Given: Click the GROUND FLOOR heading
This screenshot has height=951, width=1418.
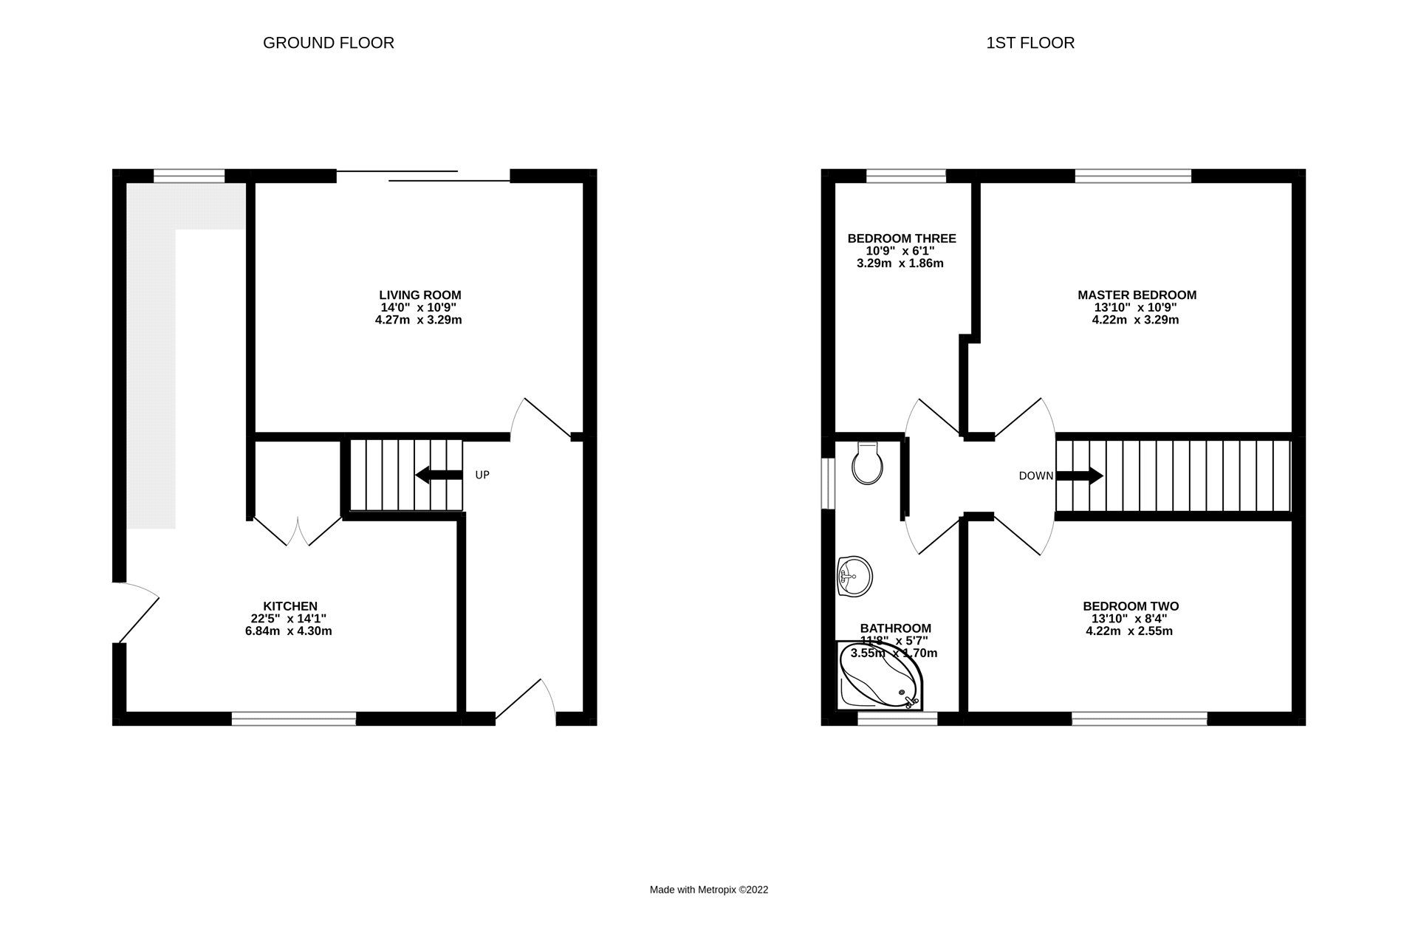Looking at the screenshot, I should point(328,43).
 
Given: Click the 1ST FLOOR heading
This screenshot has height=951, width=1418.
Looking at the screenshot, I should point(1030,43).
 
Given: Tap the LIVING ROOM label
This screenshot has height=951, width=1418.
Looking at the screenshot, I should point(419,295).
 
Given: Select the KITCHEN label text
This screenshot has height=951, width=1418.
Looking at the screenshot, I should point(290,606).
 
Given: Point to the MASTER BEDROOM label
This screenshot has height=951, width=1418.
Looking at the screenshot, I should point(1137,295).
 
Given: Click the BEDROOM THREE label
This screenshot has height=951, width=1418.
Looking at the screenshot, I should point(901,238).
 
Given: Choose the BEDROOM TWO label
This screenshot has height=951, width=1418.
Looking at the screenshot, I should point(1130,606).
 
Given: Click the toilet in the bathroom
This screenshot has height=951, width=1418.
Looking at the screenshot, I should point(867,464).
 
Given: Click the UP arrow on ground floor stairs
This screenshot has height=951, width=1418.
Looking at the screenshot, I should point(439,475).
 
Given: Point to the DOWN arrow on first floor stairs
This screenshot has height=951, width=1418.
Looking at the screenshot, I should point(1080,475).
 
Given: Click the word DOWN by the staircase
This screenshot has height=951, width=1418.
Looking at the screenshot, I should point(1035,476).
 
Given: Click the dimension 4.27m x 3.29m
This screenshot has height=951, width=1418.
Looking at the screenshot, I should point(418,320).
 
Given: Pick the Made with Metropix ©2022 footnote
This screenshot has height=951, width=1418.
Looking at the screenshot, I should point(708,890).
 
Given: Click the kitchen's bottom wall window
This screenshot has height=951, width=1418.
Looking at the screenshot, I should point(294,717).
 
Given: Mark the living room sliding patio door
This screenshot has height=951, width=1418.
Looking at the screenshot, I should point(423,176).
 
